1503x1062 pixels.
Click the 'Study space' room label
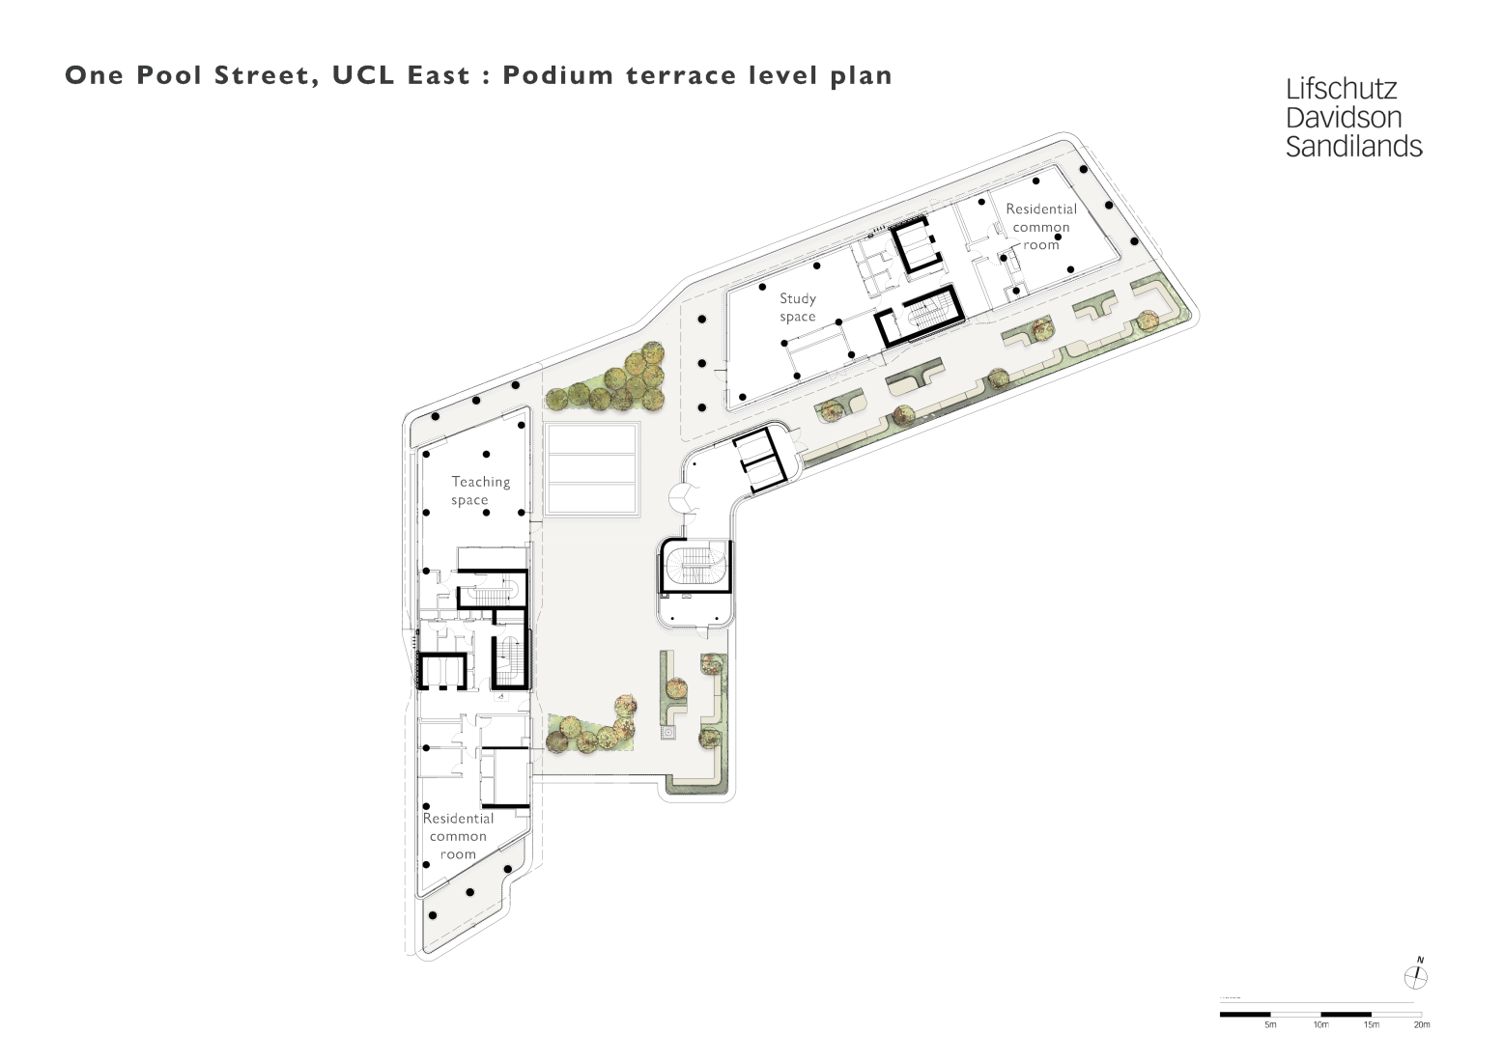click(798, 308)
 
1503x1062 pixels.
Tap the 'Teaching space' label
click(480, 490)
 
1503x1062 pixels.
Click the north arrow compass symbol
click(1416, 976)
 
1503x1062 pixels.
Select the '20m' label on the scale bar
click(1421, 1025)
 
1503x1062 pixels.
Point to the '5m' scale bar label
click(1270, 1025)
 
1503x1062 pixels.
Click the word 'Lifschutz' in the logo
click(1341, 90)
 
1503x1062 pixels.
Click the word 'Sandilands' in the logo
click(1353, 147)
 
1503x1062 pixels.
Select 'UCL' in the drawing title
click(363, 75)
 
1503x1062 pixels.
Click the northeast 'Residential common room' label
click(1040, 227)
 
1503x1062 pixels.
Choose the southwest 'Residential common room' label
click(458, 836)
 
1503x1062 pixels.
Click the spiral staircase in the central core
click(695, 567)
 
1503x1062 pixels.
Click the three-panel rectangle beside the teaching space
click(591, 469)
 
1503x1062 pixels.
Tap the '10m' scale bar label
click(1320, 1025)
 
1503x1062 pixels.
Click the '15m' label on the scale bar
click(1371, 1025)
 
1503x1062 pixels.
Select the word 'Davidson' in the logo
click(1343, 118)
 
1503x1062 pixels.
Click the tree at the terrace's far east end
click(1147, 321)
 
